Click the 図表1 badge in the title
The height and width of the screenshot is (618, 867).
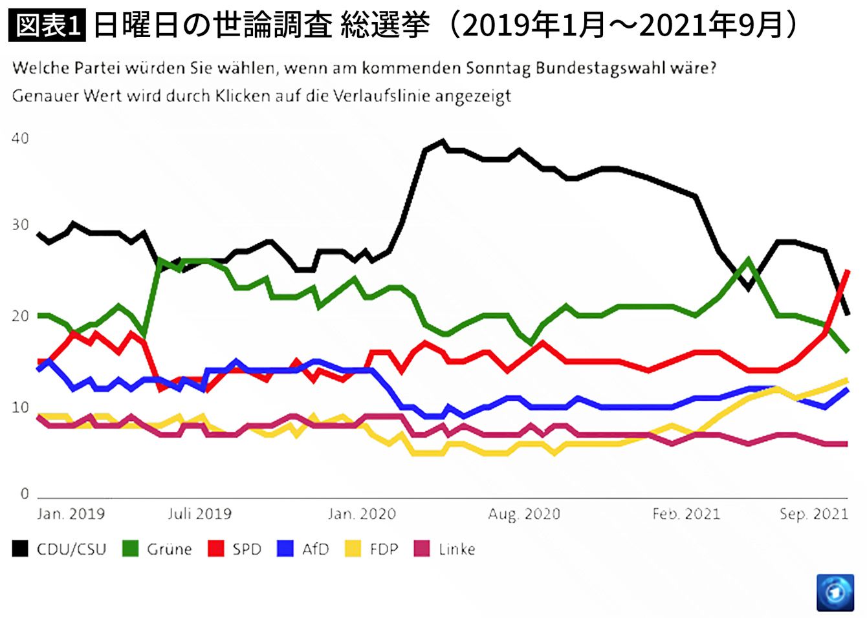(x=47, y=26)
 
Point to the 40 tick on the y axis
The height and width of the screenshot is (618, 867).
(x=20, y=138)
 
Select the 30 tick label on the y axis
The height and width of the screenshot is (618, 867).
(x=20, y=225)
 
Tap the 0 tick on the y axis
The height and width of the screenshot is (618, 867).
(x=25, y=494)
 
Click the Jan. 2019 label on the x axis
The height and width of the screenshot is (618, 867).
(x=71, y=514)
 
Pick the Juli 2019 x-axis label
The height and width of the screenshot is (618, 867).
(x=199, y=514)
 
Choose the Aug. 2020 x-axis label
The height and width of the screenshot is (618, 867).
(x=524, y=514)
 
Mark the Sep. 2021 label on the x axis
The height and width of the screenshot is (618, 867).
(x=813, y=514)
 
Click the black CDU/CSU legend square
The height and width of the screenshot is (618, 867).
(x=20, y=549)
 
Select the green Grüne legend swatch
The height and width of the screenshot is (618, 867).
(x=131, y=549)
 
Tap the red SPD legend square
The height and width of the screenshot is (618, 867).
(x=215, y=549)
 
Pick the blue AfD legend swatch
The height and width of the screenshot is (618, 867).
(x=285, y=549)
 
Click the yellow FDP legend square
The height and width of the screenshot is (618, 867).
(x=353, y=549)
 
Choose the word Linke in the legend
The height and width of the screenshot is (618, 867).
(x=457, y=549)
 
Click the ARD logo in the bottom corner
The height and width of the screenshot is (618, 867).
(x=835, y=591)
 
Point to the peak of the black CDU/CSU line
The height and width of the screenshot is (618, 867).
(x=443, y=141)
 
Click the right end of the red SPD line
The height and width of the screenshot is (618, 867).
(x=848, y=272)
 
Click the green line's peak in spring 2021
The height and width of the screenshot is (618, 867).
(x=748, y=260)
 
